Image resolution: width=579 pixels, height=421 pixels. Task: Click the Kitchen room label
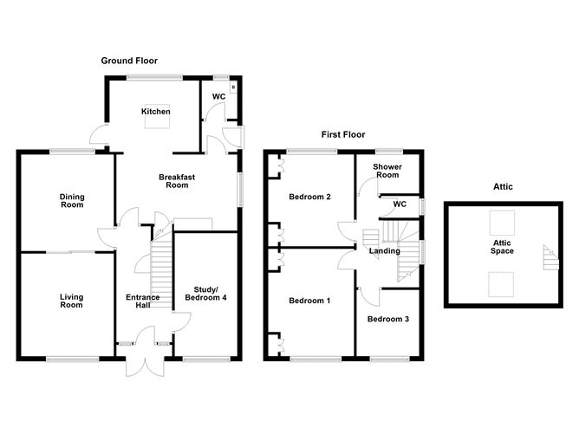[156, 111]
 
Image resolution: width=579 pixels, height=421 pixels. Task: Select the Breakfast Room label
[173, 180]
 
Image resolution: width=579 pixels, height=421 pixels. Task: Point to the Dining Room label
[72, 200]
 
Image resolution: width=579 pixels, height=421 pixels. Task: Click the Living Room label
[71, 301]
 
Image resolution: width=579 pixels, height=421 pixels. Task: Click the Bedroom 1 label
[309, 301]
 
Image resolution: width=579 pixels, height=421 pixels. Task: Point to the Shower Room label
[387, 170]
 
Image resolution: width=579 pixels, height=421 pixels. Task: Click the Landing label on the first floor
[384, 251]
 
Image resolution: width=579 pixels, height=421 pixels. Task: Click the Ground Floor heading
[128, 61]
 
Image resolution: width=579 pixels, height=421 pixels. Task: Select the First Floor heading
[343, 134]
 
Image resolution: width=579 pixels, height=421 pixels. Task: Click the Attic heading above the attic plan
[502, 186]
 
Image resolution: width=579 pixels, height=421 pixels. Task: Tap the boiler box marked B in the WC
[232, 87]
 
